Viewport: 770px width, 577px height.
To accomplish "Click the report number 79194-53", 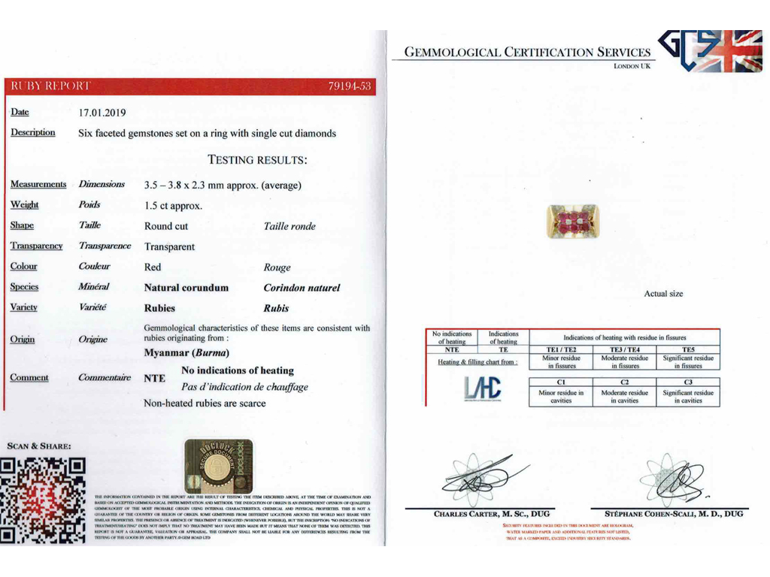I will tap(350, 86).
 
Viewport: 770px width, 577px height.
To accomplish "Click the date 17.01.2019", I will tap(102, 113).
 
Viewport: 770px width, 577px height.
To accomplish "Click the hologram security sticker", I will tap(218, 466).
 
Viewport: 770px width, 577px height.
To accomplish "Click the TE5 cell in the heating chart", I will tap(687, 349).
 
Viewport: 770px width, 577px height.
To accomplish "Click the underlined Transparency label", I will tap(36, 246).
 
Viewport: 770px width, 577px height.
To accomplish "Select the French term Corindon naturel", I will tap(302, 288).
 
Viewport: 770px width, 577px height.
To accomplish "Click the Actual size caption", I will tap(663, 294).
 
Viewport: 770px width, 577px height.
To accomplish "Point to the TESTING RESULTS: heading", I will tap(257, 159).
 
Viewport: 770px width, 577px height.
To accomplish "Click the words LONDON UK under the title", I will tap(631, 66).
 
